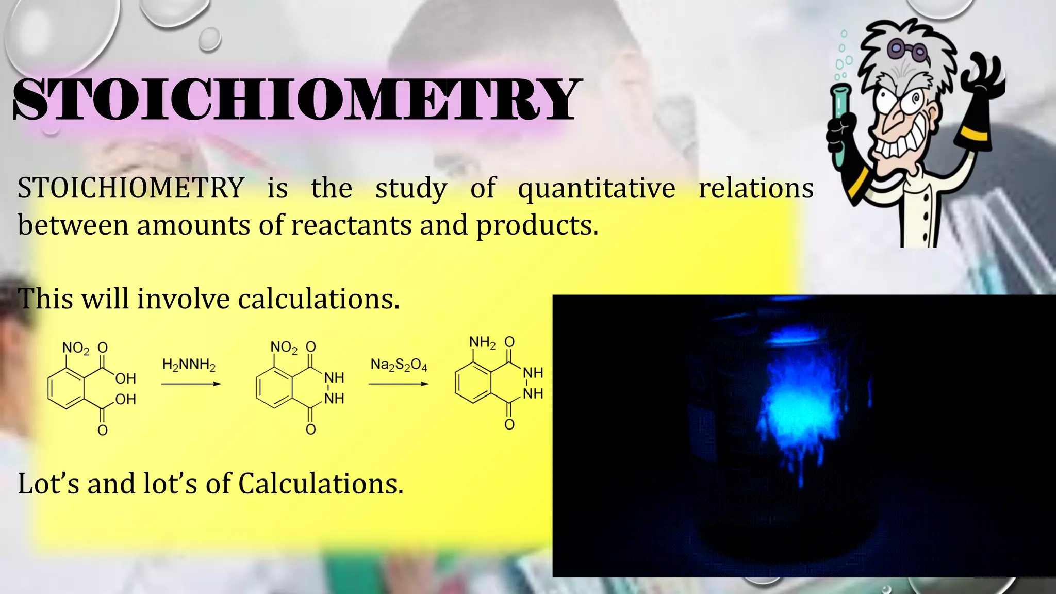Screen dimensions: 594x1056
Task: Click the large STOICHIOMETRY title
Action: [x=296, y=99]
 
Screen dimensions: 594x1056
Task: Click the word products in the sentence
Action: [x=536, y=226]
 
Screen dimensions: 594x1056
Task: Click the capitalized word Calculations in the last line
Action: [x=320, y=484]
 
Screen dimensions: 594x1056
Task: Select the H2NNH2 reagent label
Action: [x=189, y=365]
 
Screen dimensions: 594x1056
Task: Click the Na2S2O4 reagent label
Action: [x=399, y=365]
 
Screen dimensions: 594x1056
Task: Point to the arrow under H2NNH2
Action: [x=191, y=384]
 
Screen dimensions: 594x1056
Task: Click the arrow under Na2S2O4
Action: [x=399, y=384]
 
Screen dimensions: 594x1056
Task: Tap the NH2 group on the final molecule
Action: [x=482, y=343]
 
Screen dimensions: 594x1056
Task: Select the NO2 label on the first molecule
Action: [x=76, y=349]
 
